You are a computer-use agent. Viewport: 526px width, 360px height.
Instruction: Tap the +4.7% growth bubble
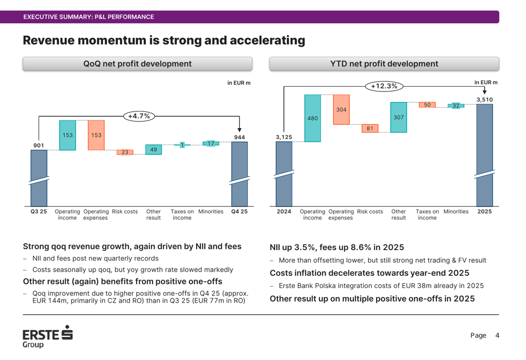click(139, 116)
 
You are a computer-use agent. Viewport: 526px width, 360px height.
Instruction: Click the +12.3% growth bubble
click(384, 86)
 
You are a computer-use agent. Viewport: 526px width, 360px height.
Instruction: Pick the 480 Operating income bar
click(312, 118)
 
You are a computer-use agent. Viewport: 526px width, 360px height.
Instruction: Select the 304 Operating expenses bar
click(341, 110)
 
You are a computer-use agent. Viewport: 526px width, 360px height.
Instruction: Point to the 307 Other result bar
click(399, 117)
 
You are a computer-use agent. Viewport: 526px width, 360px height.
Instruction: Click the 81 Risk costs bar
click(370, 128)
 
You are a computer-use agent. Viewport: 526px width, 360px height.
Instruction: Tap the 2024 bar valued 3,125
click(284, 173)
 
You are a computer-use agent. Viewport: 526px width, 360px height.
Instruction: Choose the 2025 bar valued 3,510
click(484, 155)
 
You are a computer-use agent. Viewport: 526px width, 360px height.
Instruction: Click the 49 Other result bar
click(154, 150)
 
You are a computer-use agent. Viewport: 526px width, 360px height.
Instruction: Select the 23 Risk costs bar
click(125, 152)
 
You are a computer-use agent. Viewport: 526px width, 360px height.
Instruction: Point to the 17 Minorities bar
click(211, 143)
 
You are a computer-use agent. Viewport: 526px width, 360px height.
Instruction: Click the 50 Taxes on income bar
click(427, 105)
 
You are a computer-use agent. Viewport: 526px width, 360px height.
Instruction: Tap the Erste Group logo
click(47, 336)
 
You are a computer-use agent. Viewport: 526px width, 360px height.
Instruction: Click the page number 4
click(497, 335)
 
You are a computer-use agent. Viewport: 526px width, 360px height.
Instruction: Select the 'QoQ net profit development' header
click(137, 64)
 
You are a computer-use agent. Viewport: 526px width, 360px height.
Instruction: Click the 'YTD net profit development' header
click(384, 64)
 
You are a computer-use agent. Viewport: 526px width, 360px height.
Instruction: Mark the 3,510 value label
click(484, 99)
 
